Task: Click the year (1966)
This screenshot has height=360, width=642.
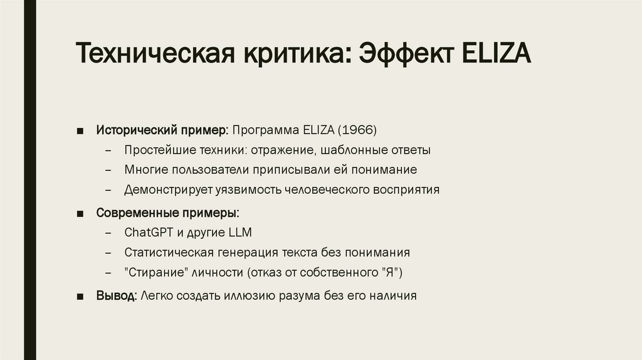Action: click(357, 130)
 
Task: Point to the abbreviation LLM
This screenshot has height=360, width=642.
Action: click(239, 233)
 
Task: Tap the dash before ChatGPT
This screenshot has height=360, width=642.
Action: click(110, 233)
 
